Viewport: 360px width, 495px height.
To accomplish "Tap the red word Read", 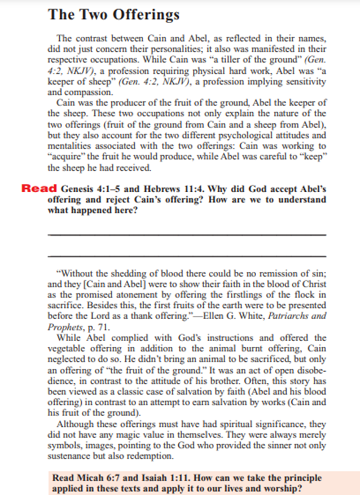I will point(38,189).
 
